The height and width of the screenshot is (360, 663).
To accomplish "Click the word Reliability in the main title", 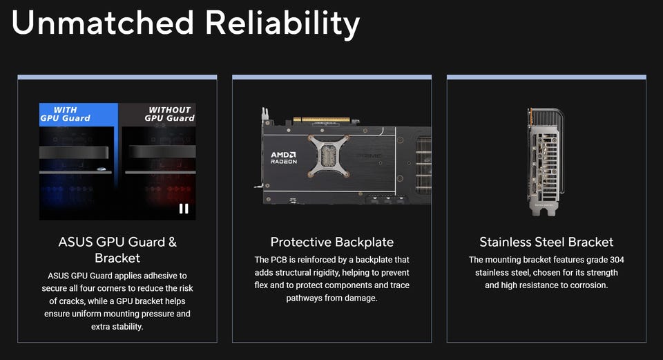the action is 282,25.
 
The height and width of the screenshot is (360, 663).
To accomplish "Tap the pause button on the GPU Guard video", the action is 184,209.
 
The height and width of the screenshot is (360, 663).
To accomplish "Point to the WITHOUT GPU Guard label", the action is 170,114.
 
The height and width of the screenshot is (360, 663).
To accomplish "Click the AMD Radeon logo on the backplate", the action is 284,158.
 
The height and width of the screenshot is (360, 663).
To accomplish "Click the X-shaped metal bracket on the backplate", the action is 329,155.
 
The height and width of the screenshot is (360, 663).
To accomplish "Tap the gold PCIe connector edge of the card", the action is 322,120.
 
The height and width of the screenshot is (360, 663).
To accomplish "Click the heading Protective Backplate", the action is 332,242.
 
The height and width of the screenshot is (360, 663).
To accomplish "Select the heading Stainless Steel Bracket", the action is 546,242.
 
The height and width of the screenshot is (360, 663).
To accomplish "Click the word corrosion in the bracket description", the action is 588,285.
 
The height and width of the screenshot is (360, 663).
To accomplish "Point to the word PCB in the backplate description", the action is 278,260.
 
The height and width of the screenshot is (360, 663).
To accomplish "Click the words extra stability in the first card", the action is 117,327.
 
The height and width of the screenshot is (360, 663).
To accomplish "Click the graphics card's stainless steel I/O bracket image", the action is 546,162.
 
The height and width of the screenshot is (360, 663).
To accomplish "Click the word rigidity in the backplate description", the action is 325,273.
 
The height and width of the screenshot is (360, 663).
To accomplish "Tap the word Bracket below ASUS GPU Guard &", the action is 117,258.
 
